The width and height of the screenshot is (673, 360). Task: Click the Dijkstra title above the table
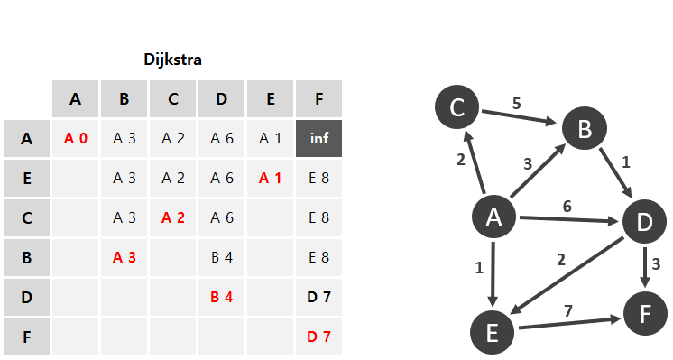click(x=172, y=60)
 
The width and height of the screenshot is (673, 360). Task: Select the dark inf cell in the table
click(x=318, y=139)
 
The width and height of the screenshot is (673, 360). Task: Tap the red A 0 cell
click(x=76, y=139)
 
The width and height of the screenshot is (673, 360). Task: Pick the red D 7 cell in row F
click(x=318, y=337)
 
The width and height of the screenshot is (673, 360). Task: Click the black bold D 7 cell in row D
click(x=318, y=297)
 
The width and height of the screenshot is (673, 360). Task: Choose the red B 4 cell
click(x=221, y=297)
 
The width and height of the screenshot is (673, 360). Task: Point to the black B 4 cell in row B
click(x=221, y=257)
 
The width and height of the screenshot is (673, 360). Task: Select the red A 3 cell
click(x=124, y=257)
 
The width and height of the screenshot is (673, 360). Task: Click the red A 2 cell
click(x=173, y=218)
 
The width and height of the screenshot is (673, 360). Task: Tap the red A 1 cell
click(x=270, y=178)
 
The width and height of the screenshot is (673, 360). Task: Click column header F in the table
click(x=318, y=98)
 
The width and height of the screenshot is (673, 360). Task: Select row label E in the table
click(x=26, y=178)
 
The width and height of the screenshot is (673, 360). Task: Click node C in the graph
click(x=457, y=106)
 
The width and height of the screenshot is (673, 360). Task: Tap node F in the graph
click(x=645, y=314)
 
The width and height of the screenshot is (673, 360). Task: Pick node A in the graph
click(x=493, y=217)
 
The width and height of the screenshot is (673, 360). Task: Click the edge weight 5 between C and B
click(x=517, y=104)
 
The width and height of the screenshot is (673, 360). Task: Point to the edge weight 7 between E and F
click(x=568, y=310)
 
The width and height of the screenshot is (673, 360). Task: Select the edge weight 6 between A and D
click(x=567, y=207)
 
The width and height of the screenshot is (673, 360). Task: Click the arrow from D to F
click(x=645, y=267)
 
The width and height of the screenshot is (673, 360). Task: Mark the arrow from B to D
click(x=615, y=173)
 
